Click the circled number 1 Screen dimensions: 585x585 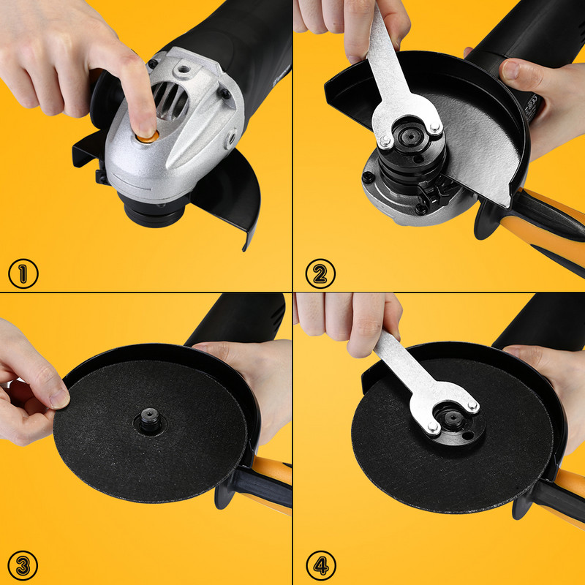23,273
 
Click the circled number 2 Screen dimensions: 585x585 320,273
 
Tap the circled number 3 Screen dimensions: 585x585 23,566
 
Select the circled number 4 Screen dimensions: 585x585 321,566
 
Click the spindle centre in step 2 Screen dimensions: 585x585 410,136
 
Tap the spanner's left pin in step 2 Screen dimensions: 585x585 385,140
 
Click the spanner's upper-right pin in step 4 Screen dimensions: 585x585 472,406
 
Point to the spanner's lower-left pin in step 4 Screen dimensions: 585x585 433,426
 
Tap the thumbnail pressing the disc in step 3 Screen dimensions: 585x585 60,399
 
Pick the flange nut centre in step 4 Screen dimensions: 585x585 453,417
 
